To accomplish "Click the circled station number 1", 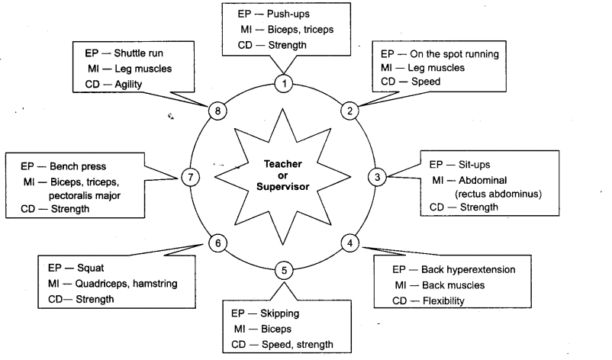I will click(283, 84).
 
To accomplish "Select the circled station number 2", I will click(350, 110).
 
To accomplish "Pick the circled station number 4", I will click(349, 244).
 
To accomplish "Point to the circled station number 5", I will click(283, 270).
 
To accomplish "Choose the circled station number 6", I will click(217, 243).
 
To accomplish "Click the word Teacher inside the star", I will click(283, 163).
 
